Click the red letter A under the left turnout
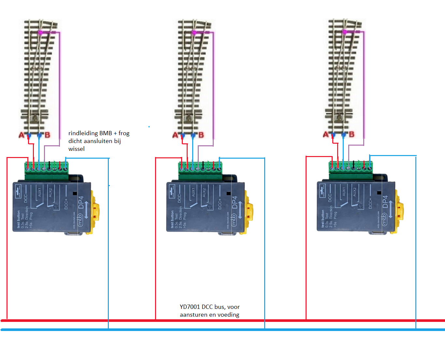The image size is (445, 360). [x=22, y=135]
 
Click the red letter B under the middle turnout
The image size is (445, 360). [x=201, y=135]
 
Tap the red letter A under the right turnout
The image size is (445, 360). [x=325, y=134]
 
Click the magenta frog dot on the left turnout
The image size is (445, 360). [x=40, y=32]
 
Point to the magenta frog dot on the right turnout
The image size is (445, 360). [x=344, y=32]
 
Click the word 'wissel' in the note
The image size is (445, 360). [x=77, y=149]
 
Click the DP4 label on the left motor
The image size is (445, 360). [x=81, y=202]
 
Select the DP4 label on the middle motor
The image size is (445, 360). [x=235, y=202]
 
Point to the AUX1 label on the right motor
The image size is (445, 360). [x=344, y=192]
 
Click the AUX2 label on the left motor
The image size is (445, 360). [x=50, y=192]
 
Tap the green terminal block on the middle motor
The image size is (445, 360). [x=200, y=171]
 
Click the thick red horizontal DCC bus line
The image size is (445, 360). [x=223, y=321]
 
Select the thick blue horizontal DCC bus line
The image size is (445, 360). [x=223, y=330]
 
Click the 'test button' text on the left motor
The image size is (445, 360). [x=19, y=219]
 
